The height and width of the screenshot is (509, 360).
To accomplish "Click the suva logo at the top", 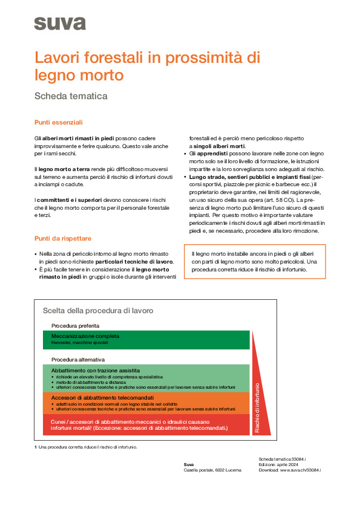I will (60, 24).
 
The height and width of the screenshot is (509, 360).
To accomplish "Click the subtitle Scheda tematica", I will (71, 96).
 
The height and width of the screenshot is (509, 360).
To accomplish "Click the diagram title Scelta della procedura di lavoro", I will (97, 310).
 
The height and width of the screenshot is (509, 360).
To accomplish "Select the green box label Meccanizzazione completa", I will (85, 336).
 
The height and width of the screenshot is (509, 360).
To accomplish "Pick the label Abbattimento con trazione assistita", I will (96, 370).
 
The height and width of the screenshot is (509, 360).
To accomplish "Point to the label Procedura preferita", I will (76, 326).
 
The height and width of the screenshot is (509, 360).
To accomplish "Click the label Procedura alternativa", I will (78, 359).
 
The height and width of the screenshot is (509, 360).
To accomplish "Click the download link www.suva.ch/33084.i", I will (300, 470).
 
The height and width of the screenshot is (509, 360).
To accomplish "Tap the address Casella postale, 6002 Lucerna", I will (212, 470).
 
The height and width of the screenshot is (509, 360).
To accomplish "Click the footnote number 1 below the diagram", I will (36, 447).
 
